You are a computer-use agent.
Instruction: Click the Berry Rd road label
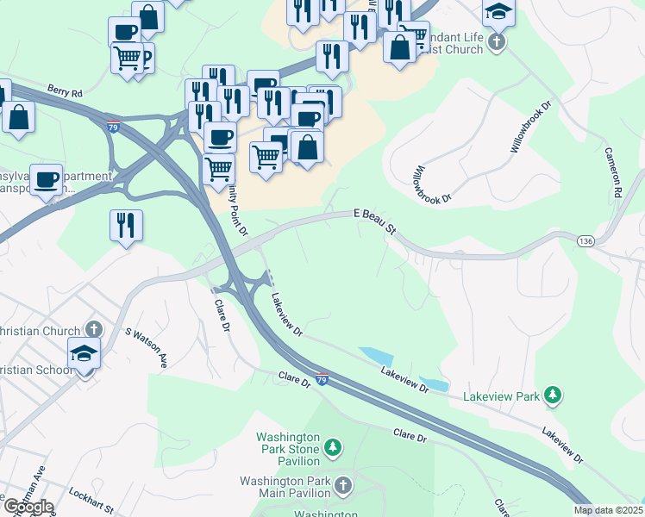click(65, 90)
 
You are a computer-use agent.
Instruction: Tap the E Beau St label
click(374, 221)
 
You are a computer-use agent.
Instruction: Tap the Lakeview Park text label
click(501, 396)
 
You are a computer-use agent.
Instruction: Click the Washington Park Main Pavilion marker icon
click(343, 485)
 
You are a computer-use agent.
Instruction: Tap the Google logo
click(28, 507)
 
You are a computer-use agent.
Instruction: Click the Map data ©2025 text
click(609, 510)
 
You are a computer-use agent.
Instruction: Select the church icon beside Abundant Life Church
click(496, 41)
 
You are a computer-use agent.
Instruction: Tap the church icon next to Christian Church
click(93, 330)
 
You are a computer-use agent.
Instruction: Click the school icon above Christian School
click(85, 353)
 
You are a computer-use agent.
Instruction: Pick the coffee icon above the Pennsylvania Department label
click(47, 180)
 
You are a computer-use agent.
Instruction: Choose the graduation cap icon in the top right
click(498, 11)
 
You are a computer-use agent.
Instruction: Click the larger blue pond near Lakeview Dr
click(375, 355)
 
